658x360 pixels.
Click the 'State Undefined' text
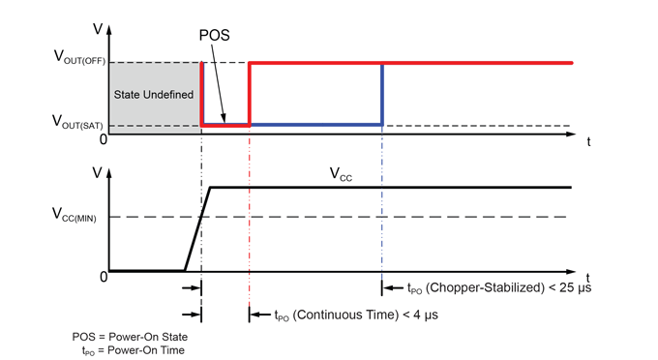coord(154,94)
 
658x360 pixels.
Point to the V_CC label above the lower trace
coord(341,174)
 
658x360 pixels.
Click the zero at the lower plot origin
coord(102,278)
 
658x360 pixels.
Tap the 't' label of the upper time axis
coord(588,141)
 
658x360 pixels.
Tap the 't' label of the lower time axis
coord(588,279)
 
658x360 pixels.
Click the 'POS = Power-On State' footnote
coord(128,336)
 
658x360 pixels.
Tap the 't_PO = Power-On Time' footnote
coord(133,349)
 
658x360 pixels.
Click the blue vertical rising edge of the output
coord(383,94)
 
